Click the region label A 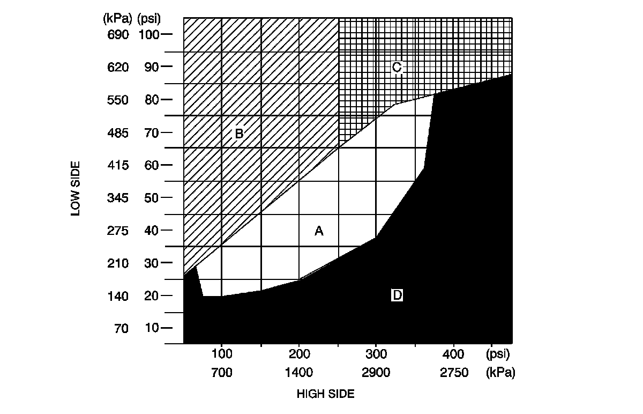coord(319,231)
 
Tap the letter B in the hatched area coord(239,133)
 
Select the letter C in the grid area coord(397,67)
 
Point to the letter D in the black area coord(397,295)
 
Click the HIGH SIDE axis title coord(325,394)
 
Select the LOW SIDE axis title coord(76,188)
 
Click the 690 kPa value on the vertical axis coord(118,35)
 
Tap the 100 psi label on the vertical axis coord(149,35)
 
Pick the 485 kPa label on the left coord(118,133)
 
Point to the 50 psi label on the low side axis coord(151,198)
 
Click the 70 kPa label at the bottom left coord(121,328)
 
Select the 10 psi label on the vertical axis coord(151,328)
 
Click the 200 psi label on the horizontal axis coord(299,354)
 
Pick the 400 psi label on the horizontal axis coord(454,354)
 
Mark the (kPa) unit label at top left coord(116,19)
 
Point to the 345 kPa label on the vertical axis coord(118,198)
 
